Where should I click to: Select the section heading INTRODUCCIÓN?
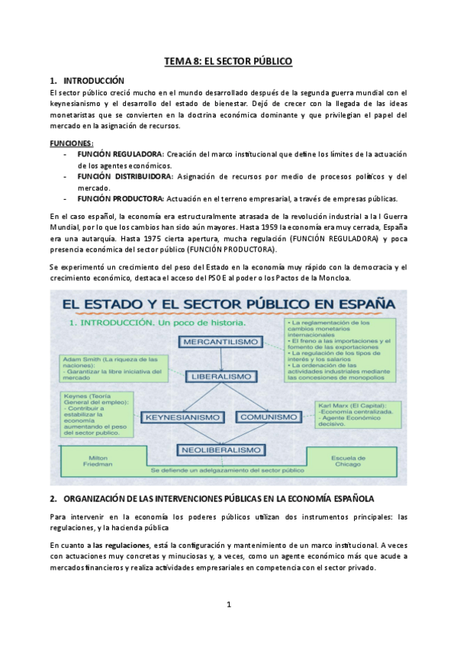pos(91,80)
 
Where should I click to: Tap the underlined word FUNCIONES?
pos(72,143)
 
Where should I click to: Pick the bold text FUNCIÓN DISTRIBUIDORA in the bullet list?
pos(124,176)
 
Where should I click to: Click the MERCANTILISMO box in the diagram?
pos(222,341)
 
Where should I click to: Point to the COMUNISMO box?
pos(267,417)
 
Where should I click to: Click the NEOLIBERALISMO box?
pos(222,450)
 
